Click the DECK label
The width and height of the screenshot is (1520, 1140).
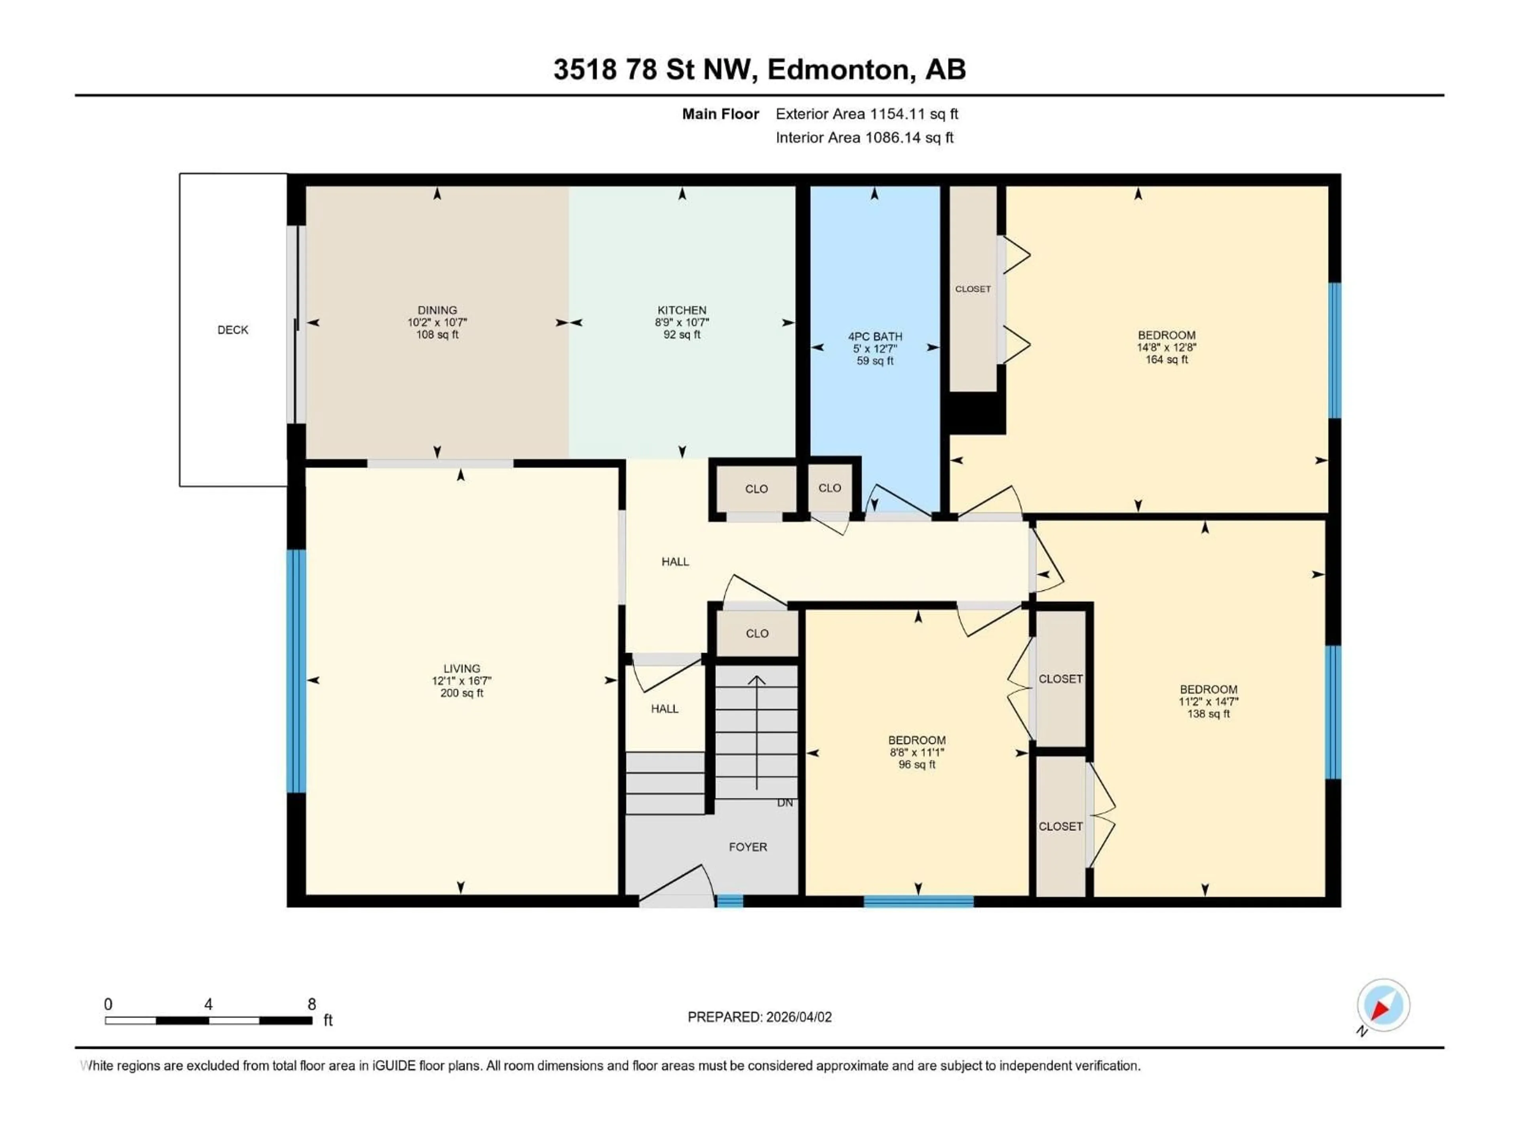click(x=232, y=330)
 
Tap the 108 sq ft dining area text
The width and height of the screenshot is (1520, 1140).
click(x=437, y=334)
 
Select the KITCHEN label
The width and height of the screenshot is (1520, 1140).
click(x=682, y=310)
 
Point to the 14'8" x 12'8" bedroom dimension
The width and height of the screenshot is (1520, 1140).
click(x=1166, y=347)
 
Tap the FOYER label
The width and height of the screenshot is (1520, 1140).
click(x=748, y=847)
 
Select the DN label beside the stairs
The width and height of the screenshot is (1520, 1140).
click(x=785, y=803)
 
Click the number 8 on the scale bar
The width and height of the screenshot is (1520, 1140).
click(x=311, y=1004)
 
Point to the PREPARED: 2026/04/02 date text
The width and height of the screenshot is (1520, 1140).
click(x=759, y=1017)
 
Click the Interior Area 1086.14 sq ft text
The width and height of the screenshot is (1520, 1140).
click(x=864, y=137)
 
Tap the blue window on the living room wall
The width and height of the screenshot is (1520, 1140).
click(x=295, y=671)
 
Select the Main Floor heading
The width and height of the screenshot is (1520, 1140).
click(x=720, y=114)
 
